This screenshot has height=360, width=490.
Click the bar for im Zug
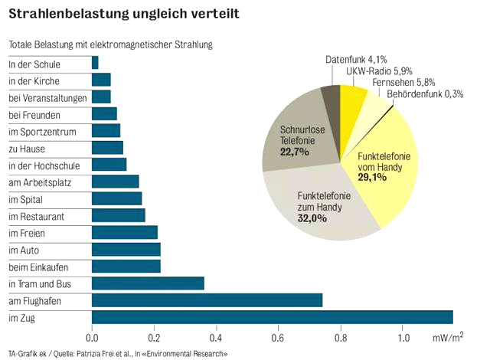pos(272,317)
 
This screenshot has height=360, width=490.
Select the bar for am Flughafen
pos(207,300)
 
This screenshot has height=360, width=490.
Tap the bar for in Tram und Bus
pos(148,283)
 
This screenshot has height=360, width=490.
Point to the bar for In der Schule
pos(95,64)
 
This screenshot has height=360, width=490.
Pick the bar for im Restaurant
pos(118,216)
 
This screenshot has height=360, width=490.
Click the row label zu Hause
pos(27,149)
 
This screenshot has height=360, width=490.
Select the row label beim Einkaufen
pos(38,267)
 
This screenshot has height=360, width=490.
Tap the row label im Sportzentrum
pos(43,132)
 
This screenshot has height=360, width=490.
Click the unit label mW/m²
pos(448,336)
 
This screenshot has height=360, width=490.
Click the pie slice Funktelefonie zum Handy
pos(322,203)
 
